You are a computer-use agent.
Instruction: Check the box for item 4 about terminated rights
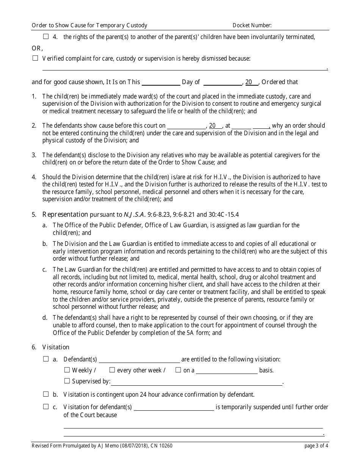point(46,37)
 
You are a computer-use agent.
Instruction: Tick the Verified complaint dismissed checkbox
point(35,58)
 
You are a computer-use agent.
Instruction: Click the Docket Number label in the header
point(252,25)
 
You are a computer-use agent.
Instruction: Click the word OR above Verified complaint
point(37,48)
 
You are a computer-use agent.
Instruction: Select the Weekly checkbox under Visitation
point(67,370)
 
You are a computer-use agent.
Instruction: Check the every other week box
point(112,370)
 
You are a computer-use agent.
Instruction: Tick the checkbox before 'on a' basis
point(178,370)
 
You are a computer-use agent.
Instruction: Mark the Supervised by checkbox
point(67,381)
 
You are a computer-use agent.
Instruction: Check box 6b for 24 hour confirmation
point(46,394)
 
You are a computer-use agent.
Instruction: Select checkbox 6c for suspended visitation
point(46,407)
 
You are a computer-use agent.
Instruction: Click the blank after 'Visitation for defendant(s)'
point(174,408)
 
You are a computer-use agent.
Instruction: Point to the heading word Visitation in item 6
point(56,347)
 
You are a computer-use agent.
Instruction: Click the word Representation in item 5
point(65,214)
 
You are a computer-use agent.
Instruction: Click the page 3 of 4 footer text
point(316,446)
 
